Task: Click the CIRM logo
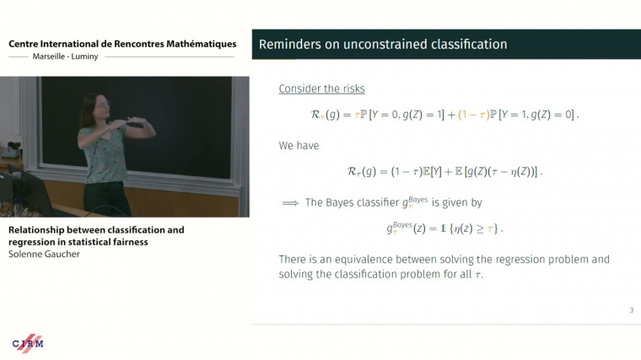tap(28, 343)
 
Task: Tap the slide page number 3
tap(631, 311)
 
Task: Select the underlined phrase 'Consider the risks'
tap(321, 89)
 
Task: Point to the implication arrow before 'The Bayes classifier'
tap(290, 202)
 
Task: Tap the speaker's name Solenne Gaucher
tap(45, 254)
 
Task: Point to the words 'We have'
tap(299, 145)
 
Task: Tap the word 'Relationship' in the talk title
tap(36, 229)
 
